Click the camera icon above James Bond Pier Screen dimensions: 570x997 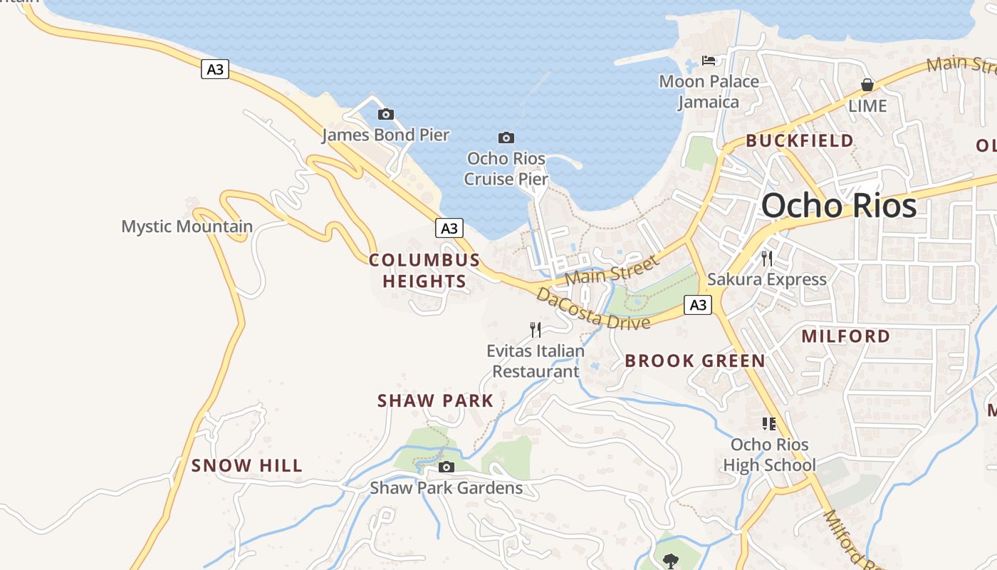(386, 114)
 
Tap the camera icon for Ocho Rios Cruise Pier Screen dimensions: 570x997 (506, 138)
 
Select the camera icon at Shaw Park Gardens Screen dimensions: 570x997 (447, 467)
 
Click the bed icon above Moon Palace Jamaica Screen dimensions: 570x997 (709, 61)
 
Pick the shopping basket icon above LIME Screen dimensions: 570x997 (867, 85)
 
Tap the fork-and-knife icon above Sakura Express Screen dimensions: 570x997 (767, 258)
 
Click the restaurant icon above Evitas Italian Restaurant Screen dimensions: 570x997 (536, 329)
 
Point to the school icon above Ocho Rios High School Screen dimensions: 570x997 (769, 424)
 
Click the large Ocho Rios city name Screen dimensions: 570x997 (839, 206)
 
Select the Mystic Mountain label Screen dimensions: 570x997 (187, 227)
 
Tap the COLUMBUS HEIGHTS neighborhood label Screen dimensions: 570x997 (424, 271)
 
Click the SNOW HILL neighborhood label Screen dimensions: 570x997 (247, 466)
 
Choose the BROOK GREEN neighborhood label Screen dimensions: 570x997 (695, 361)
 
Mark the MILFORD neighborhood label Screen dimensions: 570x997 (846, 336)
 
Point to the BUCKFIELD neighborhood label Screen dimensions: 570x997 (800, 141)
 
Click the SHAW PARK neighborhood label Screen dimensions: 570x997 (435, 401)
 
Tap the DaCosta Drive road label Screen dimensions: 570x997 (593, 309)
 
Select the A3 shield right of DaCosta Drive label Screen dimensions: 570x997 (698, 305)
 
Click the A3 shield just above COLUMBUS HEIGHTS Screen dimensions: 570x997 (449, 228)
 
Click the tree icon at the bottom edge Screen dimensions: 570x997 (670, 561)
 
